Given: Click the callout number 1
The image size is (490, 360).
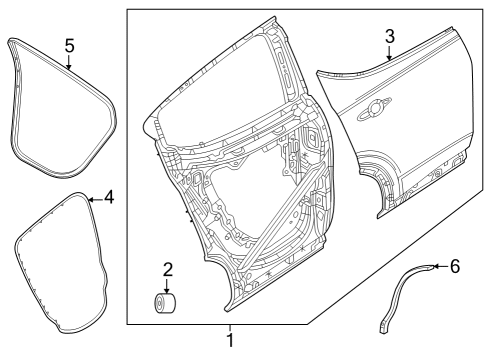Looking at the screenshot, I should pyautogui.click(x=230, y=341).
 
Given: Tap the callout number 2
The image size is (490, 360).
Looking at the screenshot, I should pyautogui.click(x=168, y=268).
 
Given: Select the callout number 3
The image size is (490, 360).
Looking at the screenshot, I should pyautogui.click(x=390, y=37).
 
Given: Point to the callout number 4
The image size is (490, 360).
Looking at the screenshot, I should pyautogui.click(x=108, y=198).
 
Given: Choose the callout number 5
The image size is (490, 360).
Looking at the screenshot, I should pyautogui.click(x=69, y=45).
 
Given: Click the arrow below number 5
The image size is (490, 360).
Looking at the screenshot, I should pyautogui.click(x=69, y=65).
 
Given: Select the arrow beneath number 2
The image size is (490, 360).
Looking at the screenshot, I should pyautogui.click(x=168, y=287).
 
